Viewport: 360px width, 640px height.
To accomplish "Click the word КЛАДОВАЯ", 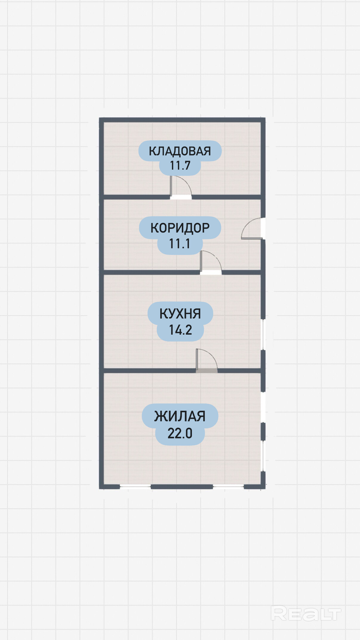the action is pyautogui.click(x=180, y=151).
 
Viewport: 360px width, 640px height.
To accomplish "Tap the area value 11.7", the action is pyautogui.click(x=180, y=165).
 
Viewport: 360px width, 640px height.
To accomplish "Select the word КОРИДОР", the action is pyautogui.click(x=180, y=228).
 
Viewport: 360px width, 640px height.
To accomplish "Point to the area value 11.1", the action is pyautogui.click(x=180, y=244).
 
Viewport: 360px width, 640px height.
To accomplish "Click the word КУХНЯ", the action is pyautogui.click(x=180, y=314).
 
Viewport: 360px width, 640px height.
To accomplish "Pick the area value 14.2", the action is pyautogui.click(x=180, y=330).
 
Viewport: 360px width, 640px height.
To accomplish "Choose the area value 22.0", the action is pyautogui.click(x=180, y=433).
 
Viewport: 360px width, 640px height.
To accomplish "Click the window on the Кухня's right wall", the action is pyautogui.click(x=263, y=335).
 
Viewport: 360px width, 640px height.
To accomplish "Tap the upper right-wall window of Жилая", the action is pyautogui.click(x=263, y=407).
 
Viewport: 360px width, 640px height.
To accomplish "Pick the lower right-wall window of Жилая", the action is pyautogui.click(x=263, y=456).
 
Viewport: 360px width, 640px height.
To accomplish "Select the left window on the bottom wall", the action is pyautogui.click(x=135, y=487).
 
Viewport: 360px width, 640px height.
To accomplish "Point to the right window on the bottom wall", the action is pyautogui.click(x=228, y=487).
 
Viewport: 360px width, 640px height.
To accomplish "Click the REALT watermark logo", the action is pyautogui.click(x=306, y=614).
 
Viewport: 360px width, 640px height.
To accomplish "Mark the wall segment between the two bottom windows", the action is pyautogui.click(x=182, y=487).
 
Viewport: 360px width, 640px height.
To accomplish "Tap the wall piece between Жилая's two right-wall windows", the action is pyautogui.click(x=263, y=432).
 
